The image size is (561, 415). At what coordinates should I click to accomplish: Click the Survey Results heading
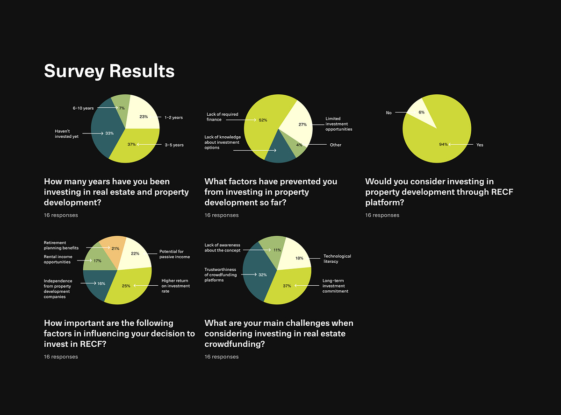click(109, 71)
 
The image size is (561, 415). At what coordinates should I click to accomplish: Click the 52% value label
click(263, 120)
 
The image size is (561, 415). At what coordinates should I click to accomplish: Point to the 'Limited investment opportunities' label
click(338, 124)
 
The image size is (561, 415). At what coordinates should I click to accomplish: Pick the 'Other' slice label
click(335, 145)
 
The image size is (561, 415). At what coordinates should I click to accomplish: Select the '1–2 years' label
click(173, 118)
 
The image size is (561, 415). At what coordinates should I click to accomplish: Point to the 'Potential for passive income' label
click(174, 254)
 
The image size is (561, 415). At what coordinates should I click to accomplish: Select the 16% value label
click(101, 283)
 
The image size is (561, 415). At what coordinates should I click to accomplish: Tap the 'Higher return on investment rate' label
click(175, 286)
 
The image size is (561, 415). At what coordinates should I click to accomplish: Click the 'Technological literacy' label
click(337, 259)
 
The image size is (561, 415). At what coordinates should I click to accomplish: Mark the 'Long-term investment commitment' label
click(335, 286)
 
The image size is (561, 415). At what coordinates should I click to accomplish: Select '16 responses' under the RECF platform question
click(382, 215)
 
